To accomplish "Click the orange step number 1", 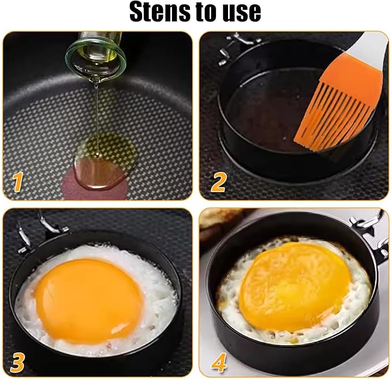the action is tap(17, 182).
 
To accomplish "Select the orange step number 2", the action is tap(218, 182).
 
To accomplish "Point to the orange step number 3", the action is tap(17, 363).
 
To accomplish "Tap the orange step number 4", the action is tap(219, 362).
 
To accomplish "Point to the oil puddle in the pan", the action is tap(104, 163).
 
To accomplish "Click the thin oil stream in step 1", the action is tap(96, 118).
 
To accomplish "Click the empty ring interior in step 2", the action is tap(263, 110).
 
